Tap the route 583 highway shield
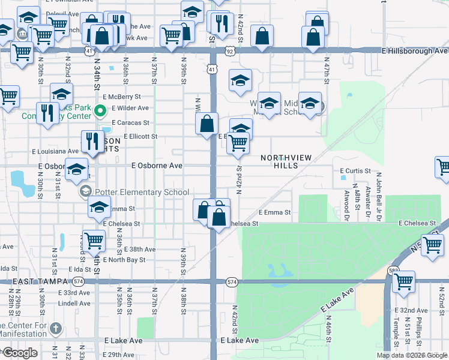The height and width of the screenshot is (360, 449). click(393, 271)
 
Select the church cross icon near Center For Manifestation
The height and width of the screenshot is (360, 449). click(55, 328)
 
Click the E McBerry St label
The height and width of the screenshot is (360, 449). click(121, 96)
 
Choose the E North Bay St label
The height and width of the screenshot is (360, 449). click(124, 260)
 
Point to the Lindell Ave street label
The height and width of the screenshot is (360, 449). click(74, 304)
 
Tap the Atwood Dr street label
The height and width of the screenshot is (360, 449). click(347, 203)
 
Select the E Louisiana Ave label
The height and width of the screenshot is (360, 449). click(55, 151)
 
